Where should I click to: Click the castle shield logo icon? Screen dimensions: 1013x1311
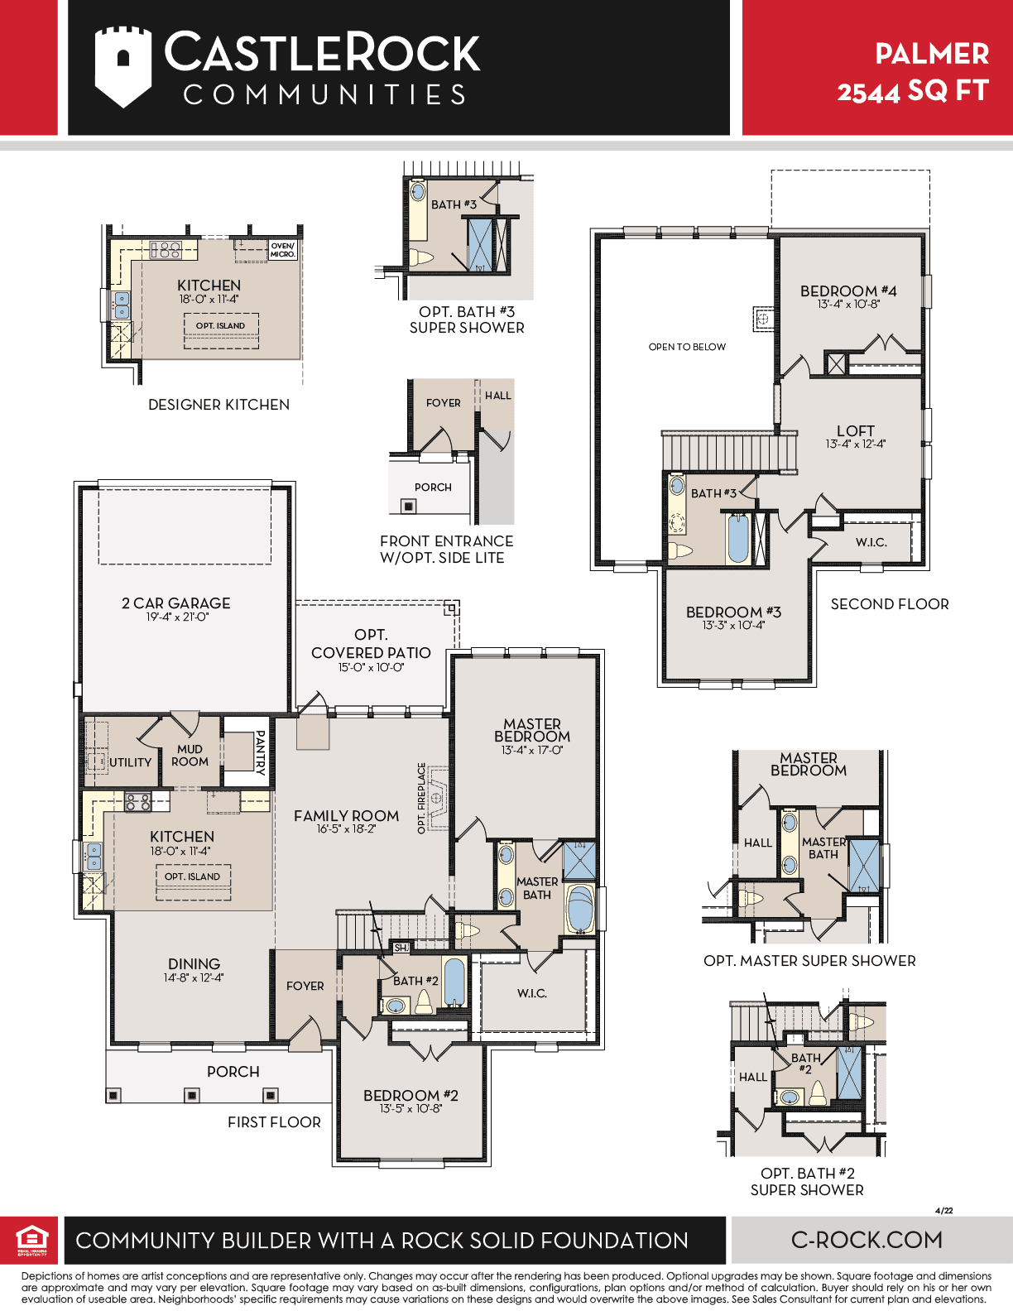point(123,67)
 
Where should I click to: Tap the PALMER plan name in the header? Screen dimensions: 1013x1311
point(932,54)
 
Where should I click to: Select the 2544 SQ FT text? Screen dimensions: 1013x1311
point(912,92)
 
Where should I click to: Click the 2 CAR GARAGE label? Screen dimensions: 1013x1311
point(176,603)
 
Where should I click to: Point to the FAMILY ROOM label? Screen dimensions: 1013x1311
point(346,816)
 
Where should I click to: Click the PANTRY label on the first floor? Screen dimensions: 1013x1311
point(261,752)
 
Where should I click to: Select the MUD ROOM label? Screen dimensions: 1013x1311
point(190,755)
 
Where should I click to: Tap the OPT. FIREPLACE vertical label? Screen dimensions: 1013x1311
point(422,798)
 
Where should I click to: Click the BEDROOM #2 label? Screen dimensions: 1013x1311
point(410,1095)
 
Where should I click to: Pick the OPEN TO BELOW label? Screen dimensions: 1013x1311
point(687,347)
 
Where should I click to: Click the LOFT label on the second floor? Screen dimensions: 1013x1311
point(856,430)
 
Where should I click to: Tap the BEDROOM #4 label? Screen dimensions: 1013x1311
point(848,291)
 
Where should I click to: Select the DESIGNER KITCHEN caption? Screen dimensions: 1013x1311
point(219,404)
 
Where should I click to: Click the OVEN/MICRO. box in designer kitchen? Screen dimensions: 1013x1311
point(282,250)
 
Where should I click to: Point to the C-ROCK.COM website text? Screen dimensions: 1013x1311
point(867,1240)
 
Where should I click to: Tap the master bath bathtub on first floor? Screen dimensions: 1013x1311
point(580,910)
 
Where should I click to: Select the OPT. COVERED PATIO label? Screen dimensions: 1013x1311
point(371,643)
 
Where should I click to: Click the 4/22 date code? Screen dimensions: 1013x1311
point(943,1210)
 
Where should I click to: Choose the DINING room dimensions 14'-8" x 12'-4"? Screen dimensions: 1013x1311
point(194,977)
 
